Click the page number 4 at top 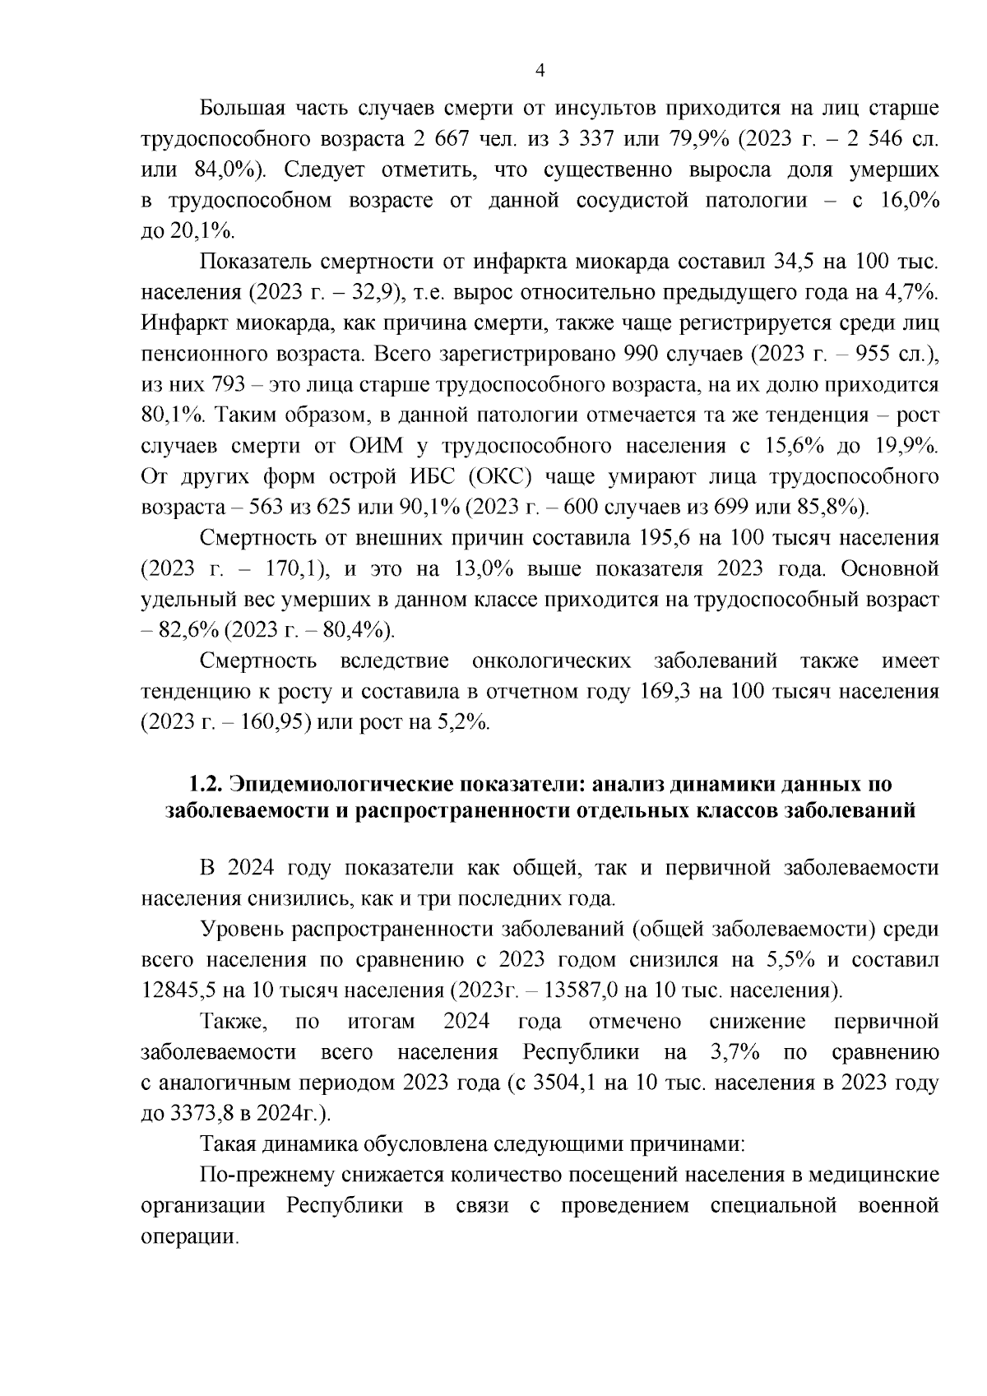[x=540, y=71]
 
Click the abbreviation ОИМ [x=370, y=447]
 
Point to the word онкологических [x=552, y=661]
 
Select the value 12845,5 [x=174, y=990]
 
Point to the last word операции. [x=189, y=1236]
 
